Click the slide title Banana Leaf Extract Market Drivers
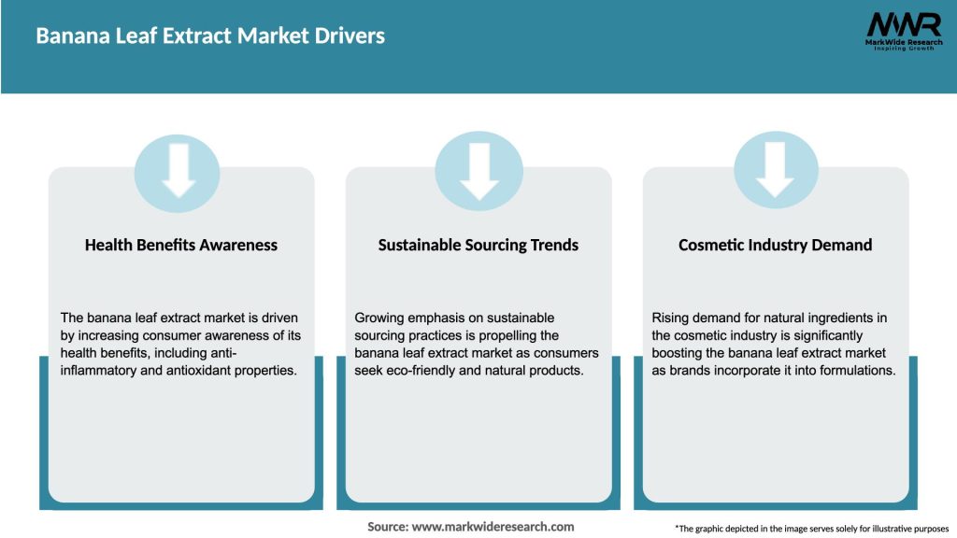210,36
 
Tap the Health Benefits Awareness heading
181,245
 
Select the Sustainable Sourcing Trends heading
478,245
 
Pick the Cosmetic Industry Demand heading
776,245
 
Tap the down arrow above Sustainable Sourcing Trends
479,169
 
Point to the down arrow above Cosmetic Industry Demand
776,169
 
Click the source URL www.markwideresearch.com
493,527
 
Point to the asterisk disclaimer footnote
811,529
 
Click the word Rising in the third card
671,318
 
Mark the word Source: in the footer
387,527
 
